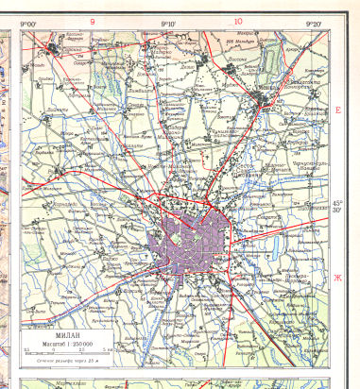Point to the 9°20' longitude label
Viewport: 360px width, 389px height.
[314, 22]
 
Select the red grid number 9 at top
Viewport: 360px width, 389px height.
[92, 20]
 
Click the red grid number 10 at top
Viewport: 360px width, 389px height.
[237, 20]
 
